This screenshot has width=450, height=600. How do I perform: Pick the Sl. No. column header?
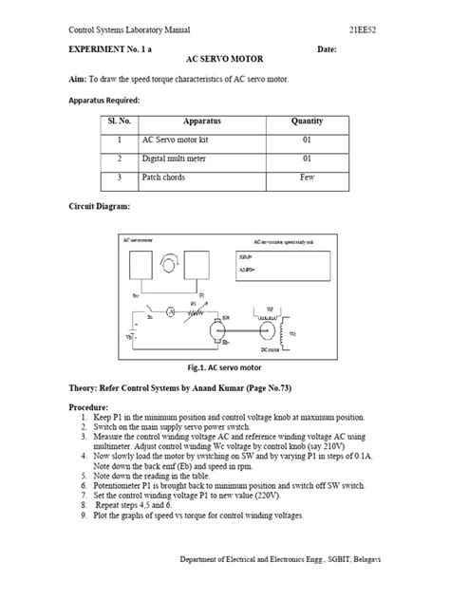pyautogui.click(x=119, y=122)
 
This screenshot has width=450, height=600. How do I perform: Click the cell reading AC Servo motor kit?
pyautogui.click(x=175, y=140)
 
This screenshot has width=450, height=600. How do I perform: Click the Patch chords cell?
pyautogui.click(x=167, y=178)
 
